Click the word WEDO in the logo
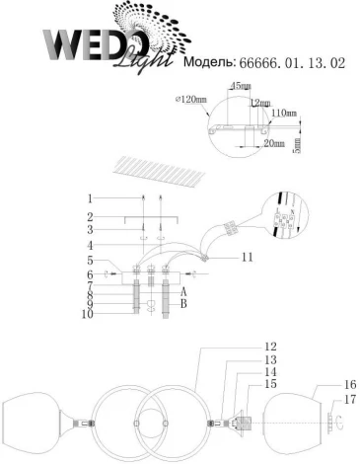[94, 44]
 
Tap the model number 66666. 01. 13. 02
[296, 63]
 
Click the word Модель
[208, 63]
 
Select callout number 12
[270, 347]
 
